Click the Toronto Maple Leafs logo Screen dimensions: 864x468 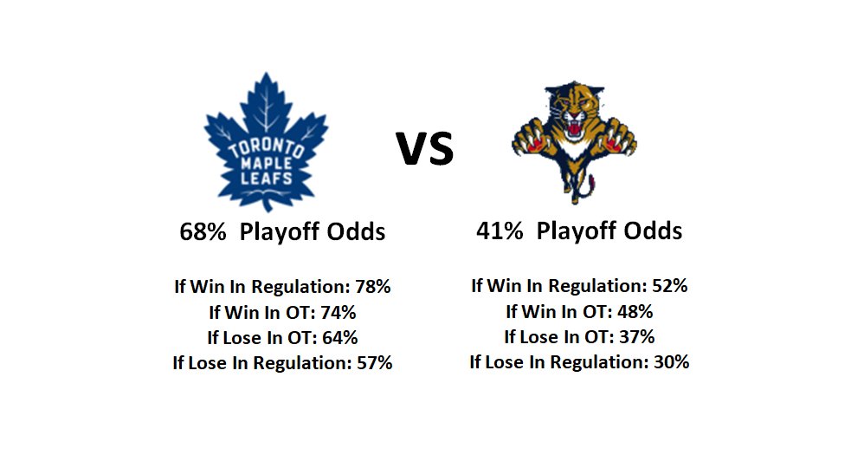coord(266,142)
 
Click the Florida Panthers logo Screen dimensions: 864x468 coord(574,142)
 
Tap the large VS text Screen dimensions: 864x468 coord(425,148)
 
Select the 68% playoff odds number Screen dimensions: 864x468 coord(203,231)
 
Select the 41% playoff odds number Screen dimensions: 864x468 coord(500,231)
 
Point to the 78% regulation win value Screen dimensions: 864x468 coord(373,286)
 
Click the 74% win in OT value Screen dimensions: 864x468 coord(339,312)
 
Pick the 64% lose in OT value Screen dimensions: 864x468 coord(340,337)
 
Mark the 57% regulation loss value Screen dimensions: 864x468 coord(375,362)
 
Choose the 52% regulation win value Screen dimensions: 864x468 coord(670,285)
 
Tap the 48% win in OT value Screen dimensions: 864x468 coord(635,311)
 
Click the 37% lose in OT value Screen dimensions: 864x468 coord(637,336)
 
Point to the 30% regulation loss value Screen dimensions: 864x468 coord(672,361)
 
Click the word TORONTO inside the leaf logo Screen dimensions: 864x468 coord(266,147)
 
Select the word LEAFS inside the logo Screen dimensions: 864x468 coord(267,178)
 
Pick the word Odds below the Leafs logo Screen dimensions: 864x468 coord(356,231)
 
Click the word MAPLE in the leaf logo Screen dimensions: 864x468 coord(267,163)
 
